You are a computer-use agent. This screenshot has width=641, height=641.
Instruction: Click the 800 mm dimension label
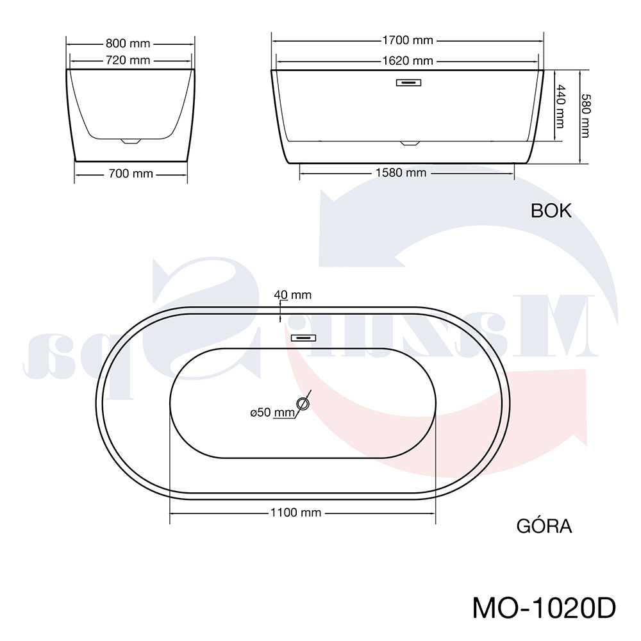click(128, 44)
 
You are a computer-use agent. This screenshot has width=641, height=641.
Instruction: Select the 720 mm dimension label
click(128, 60)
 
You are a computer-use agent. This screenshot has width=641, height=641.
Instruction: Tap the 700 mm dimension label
click(131, 174)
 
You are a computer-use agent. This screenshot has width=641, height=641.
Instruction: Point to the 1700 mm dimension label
click(408, 40)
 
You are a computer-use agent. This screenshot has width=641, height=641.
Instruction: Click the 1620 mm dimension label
click(408, 61)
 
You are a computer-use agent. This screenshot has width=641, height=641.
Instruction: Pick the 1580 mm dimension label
click(401, 173)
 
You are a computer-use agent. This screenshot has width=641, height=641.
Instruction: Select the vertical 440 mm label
click(560, 106)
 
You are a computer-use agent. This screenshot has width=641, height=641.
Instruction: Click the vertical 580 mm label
click(586, 115)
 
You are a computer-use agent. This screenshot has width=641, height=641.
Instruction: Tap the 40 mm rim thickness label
click(293, 295)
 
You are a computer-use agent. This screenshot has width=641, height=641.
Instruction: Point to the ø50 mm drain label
click(272, 412)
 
